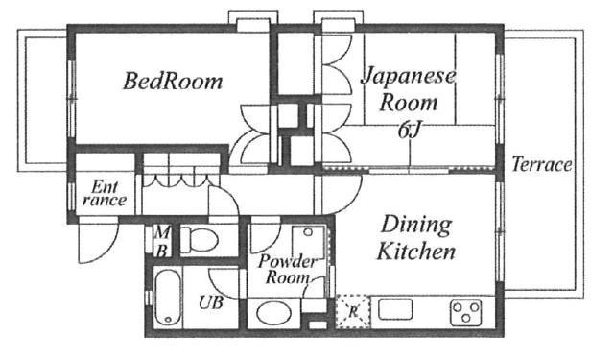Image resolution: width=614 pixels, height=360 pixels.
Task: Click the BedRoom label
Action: click(x=173, y=81)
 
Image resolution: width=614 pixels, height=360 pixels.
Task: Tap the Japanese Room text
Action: click(x=409, y=89)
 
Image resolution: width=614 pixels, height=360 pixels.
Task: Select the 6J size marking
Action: click(x=410, y=130)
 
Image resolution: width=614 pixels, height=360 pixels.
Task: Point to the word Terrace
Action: click(x=542, y=164)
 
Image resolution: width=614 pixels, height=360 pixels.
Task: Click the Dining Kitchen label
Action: click(x=416, y=238)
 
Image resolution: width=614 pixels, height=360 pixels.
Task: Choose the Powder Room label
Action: click(x=287, y=269)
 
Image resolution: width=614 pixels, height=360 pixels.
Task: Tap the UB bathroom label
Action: click(x=211, y=302)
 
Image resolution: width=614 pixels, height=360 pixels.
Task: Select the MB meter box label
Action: click(x=161, y=242)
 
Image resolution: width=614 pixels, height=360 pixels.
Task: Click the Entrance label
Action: click(x=105, y=194)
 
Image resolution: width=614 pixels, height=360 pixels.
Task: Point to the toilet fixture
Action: click(x=199, y=239)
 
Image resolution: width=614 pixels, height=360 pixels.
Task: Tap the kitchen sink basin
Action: click(x=395, y=309)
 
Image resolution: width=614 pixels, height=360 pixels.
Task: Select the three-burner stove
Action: click(x=465, y=311)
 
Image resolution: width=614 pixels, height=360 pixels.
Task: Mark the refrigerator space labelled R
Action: click(x=352, y=311)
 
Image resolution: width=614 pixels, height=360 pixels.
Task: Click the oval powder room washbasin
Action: click(x=274, y=313)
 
